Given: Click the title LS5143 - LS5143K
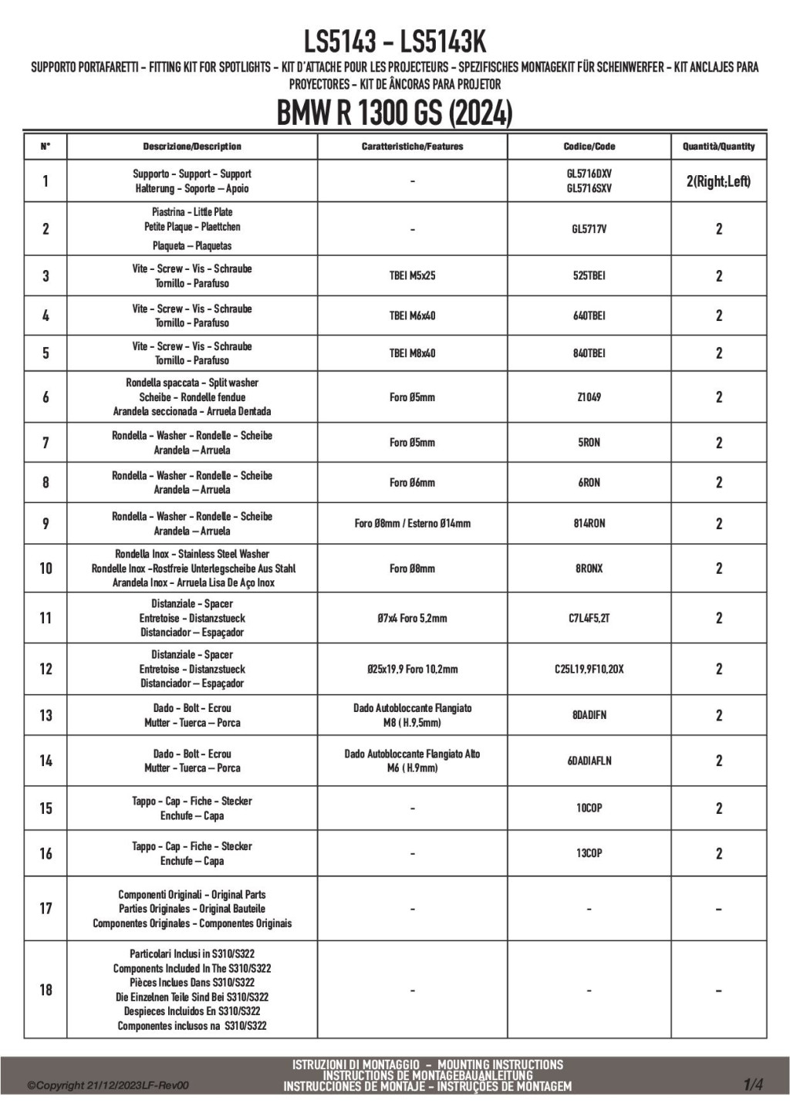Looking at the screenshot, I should click(x=394, y=41).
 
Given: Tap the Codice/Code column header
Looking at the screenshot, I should click(x=589, y=147).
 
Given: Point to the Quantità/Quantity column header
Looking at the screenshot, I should click(x=718, y=147).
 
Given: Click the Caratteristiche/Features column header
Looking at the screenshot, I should click(x=412, y=147).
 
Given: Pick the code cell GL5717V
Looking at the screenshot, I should click(x=589, y=229).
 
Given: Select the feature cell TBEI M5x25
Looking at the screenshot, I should click(x=412, y=275).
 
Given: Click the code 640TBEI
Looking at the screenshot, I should click(x=589, y=316).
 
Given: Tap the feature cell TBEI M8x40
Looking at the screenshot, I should click(x=412, y=353).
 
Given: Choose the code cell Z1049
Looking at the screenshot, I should click(x=589, y=397).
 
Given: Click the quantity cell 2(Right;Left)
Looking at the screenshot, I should click(x=718, y=181).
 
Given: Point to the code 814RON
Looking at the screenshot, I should click(x=589, y=524).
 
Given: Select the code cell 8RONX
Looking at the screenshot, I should click(x=589, y=569).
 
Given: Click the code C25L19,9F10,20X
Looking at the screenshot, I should click(x=589, y=670).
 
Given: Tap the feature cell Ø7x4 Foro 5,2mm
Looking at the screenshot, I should click(x=412, y=618).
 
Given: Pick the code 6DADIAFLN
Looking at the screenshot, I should click(x=589, y=761).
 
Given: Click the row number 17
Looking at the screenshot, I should click(x=46, y=909).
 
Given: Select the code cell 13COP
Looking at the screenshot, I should click(x=589, y=853).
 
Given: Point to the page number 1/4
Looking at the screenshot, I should click(x=753, y=1085).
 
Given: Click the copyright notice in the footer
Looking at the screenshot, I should click(x=108, y=1086).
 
